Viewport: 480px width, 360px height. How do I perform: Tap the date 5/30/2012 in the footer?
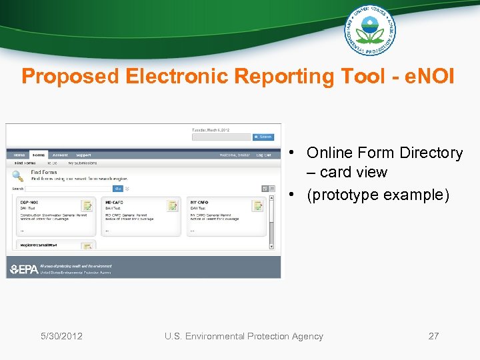61,336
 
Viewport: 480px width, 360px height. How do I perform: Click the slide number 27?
433,336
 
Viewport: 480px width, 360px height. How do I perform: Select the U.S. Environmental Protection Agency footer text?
243,336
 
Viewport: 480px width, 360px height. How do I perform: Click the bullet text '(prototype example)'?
378,195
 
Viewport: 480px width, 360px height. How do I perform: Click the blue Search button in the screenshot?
263,137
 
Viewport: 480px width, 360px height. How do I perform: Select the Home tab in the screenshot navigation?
19,155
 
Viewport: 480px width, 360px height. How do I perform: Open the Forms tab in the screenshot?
39,155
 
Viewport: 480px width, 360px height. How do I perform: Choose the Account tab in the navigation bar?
59,155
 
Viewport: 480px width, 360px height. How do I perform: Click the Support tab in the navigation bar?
83,155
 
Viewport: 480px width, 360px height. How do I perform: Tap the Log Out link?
264,155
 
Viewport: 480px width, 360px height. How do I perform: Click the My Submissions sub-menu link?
82,163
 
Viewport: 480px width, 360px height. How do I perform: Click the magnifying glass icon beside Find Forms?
19,176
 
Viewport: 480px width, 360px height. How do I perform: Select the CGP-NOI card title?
30,202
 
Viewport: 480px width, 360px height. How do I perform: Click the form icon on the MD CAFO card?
173,205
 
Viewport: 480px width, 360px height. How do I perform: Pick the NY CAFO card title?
199,202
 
